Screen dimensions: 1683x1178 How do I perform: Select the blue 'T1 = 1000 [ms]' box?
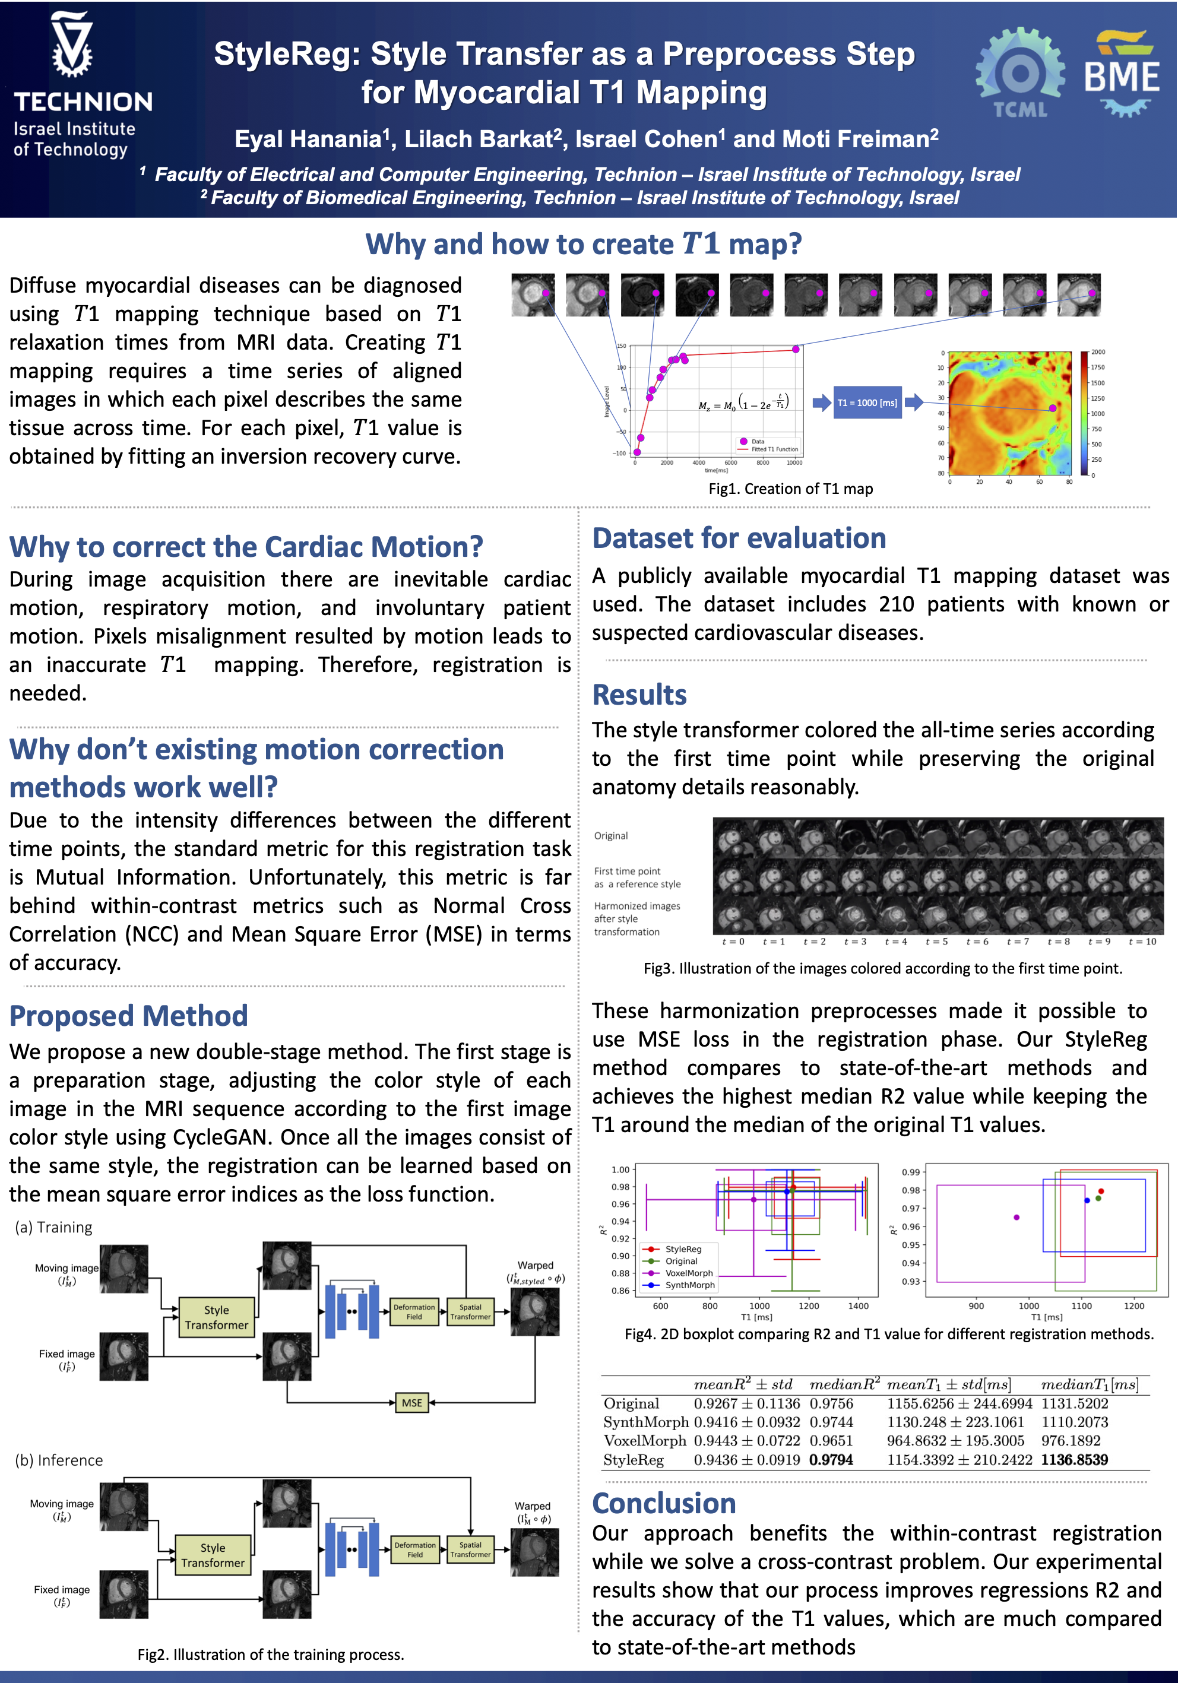click(x=867, y=402)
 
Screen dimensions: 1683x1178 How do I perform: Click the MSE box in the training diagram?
click(x=412, y=1402)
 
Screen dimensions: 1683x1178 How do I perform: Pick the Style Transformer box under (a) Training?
click(x=217, y=1317)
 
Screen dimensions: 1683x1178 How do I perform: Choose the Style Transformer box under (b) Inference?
click(x=213, y=1555)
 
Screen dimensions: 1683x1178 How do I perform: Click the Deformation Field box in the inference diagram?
click(x=415, y=1549)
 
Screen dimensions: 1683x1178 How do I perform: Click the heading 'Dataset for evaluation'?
click(x=739, y=538)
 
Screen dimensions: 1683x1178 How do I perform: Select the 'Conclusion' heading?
click(x=663, y=1503)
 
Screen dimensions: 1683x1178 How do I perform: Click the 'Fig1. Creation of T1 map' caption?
click(x=790, y=489)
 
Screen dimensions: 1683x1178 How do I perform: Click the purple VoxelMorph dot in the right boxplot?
click(x=1016, y=1218)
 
